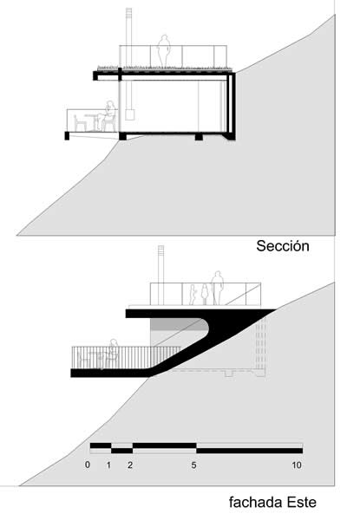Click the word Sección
click(x=282, y=246)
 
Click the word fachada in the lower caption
click(x=256, y=502)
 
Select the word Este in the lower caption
click(x=302, y=502)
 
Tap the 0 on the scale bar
click(x=88, y=465)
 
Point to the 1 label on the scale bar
click(x=108, y=465)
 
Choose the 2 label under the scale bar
click(x=130, y=465)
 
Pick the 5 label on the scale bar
click(x=193, y=465)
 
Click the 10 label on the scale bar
click(x=297, y=465)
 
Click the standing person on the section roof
click(x=164, y=51)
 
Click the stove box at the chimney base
click(x=129, y=114)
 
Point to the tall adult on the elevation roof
click(x=217, y=288)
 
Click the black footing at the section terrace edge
click(x=67, y=136)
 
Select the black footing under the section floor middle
click(x=199, y=137)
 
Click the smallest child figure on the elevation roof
click(x=193, y=295)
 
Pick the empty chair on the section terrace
click(x=80, y=123)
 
